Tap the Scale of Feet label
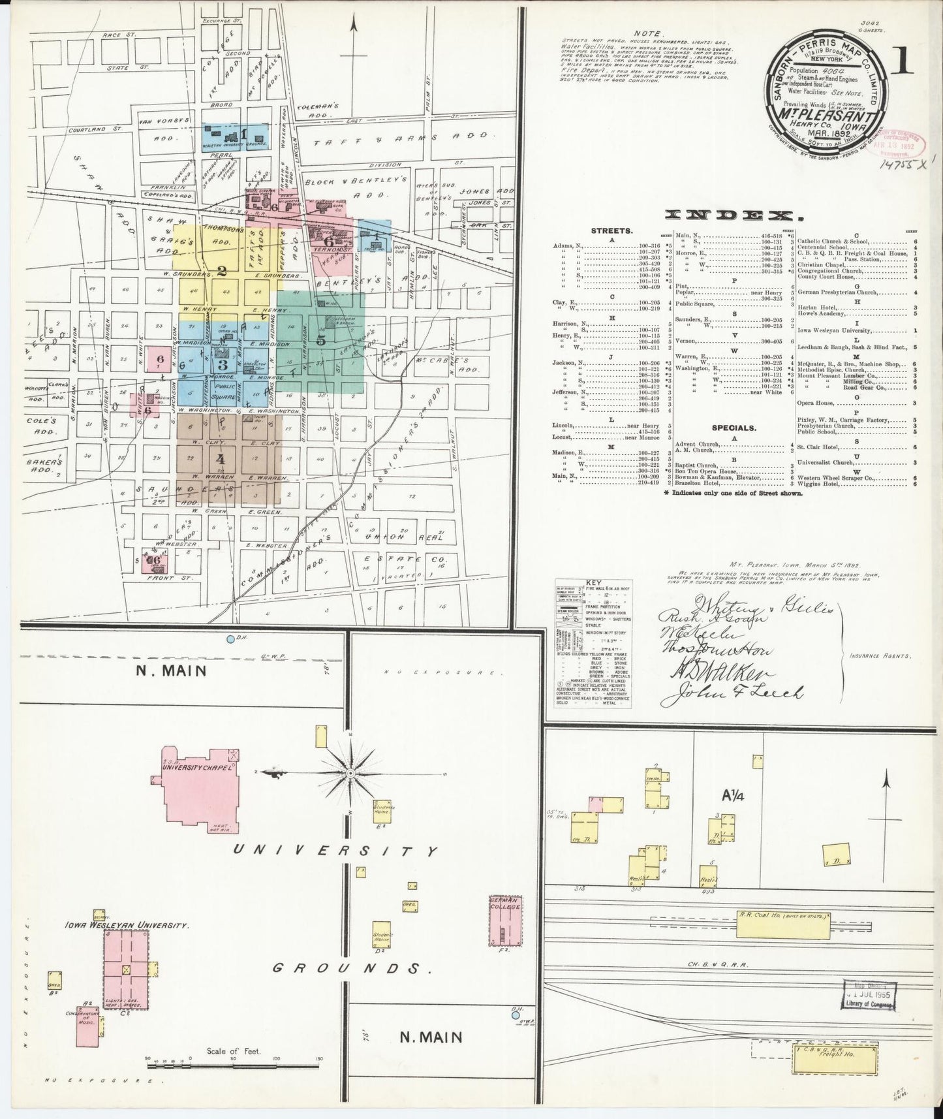click(x=233, y=1069)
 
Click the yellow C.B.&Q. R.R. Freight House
click(x=841, y=1073)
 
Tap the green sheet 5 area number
click(x=320, y=339)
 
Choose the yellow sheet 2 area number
click(x=222, y=270)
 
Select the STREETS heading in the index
click(x=611, y=230)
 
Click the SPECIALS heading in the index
click(x=734, y=428)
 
